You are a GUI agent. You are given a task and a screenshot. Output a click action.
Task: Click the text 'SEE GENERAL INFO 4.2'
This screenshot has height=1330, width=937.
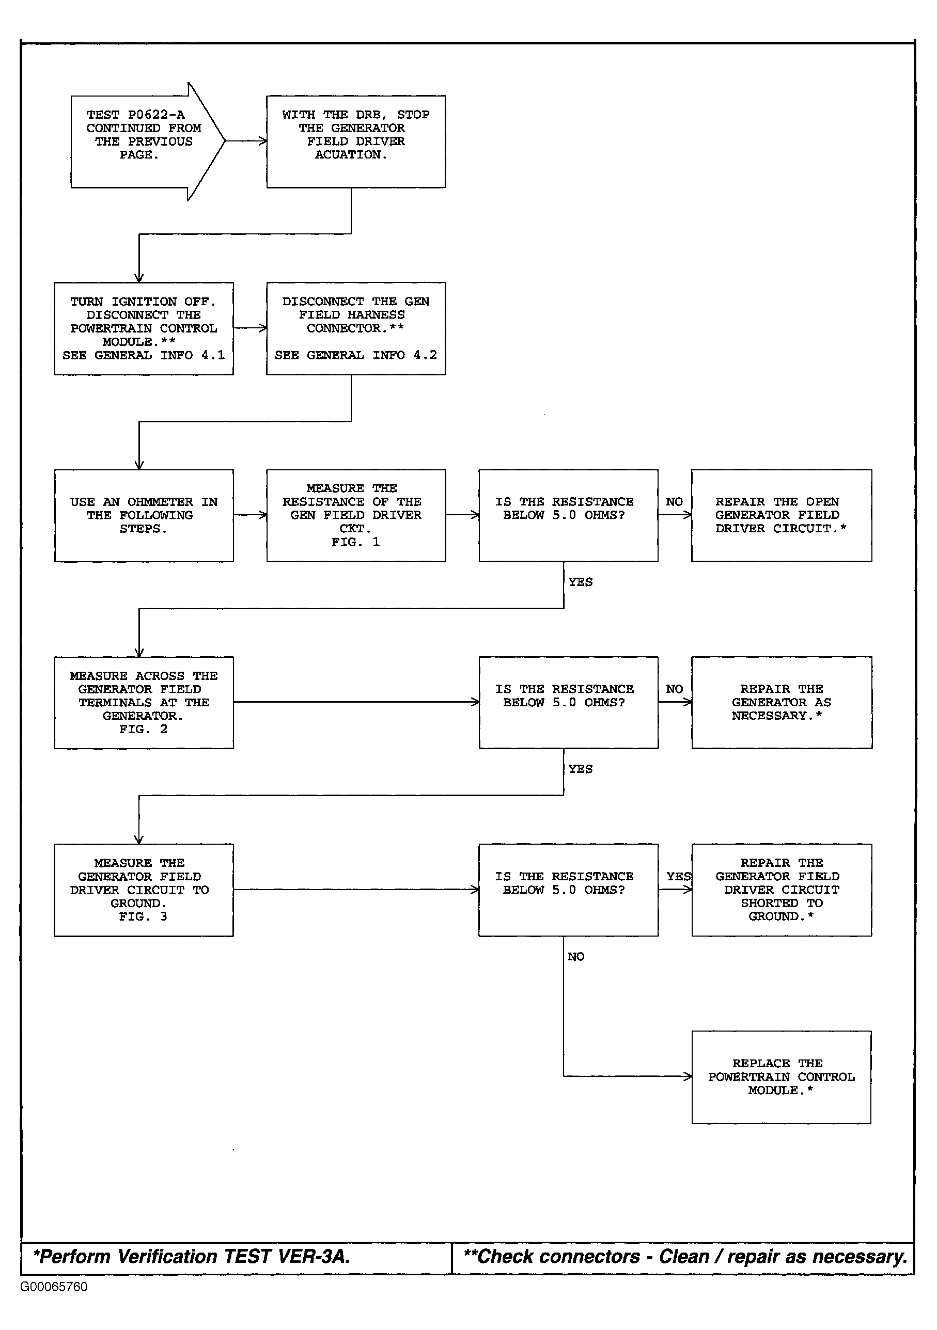[356, 355]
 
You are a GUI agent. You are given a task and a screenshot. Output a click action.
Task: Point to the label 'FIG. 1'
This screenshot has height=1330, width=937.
[356, 542]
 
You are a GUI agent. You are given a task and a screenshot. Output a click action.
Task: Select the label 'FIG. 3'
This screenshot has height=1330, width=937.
[143, 916]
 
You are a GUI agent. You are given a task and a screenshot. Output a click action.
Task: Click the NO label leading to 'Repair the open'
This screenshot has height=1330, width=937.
[675, 502]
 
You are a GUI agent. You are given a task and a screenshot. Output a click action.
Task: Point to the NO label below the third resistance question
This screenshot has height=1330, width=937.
[576, 957]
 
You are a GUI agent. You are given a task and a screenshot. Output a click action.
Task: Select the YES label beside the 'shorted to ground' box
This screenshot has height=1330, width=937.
[679, 877]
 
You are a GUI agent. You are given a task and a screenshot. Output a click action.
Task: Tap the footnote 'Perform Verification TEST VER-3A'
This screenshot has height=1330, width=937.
[192, 1257]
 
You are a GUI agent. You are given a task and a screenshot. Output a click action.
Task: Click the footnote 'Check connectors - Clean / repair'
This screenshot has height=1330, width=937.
[685, 1257]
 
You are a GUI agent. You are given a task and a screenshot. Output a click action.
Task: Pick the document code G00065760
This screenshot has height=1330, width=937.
[54, 1287]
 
